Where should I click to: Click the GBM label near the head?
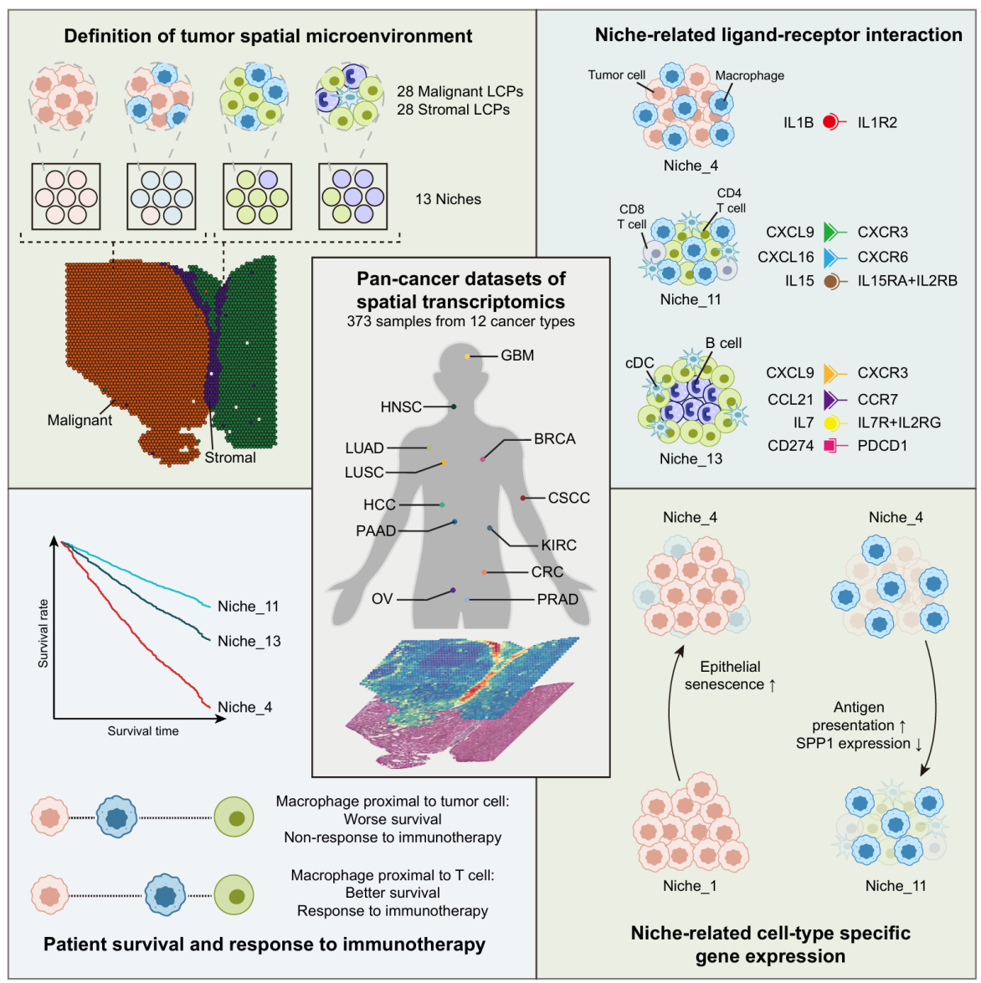pyautogui.click(x=517, y=356)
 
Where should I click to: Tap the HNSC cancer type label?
pyautogui.click(x=401, y=407)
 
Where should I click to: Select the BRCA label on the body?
pyautogui.click(x=554, y=439)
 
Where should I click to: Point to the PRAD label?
pyautogui.click(x=557, y=600)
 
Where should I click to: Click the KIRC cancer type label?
pyautogui.click(x=558, y=545)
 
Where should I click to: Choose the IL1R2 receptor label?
pyautogui.click(x=877, y=123)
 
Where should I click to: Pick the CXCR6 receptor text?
pyautogui.click(x=882, y=257)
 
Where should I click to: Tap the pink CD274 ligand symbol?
pyautogui.click(x=830, y=446)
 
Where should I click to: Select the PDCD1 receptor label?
pyautogui.click(x=882, y=446)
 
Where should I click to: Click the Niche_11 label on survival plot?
pyautogui.click(x=248, y=607)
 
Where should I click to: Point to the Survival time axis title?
pyautogui.click(x=143, y=731)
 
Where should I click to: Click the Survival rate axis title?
pyautogui.click(x=44, y=633)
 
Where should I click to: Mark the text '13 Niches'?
pyautogui.click(x=448, y=200)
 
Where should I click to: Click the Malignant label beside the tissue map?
pyautogui.click(x=80, y=421)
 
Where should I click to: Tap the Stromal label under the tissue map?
pyautogui.click(x=230, y=458)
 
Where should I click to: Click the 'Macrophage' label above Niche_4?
pyautogui.click(x=749, y=75)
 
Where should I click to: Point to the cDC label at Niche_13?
pyautogui.click(x=639, y=363)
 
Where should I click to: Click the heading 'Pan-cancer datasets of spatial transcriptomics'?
pyautogui.click(x=460, y=290)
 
